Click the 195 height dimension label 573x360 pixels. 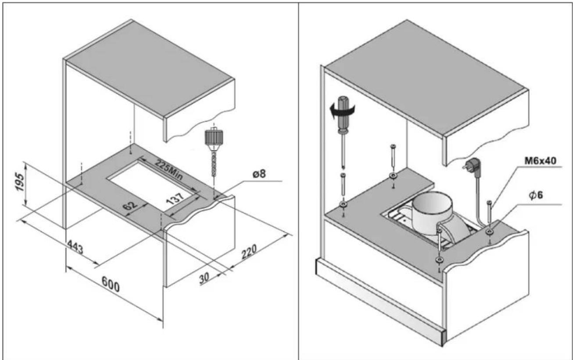click(20, 182)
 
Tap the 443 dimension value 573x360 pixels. click(75, 247)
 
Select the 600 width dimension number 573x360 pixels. click(111, 284)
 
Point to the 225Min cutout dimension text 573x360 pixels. click(169, 170)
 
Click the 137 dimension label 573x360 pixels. click(175, 199)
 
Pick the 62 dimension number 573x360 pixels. click(130, 205)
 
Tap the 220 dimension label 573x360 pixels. click(249, 252)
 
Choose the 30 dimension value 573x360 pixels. click(204, 278)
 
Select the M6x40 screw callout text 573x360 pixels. click(540, 161)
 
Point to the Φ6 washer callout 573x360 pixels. click(536, 195)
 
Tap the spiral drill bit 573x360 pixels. click(214, 164)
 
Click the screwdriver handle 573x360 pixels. click(343, 114)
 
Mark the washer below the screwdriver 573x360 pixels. click(343, 204)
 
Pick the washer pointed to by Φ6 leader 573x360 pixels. click(489, 232)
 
